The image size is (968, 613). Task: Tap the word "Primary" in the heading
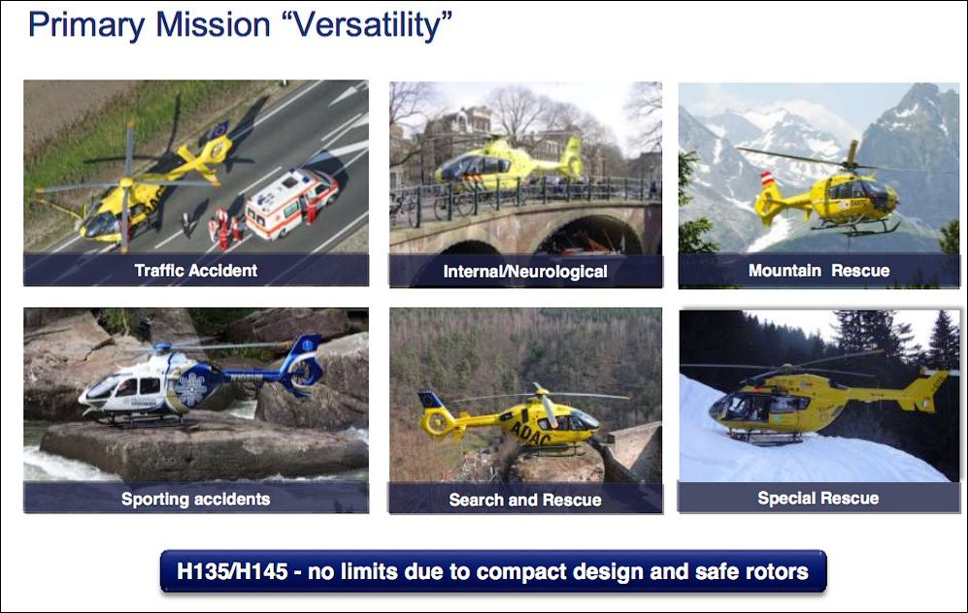pos(86,26)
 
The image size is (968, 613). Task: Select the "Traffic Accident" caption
pos(196,271)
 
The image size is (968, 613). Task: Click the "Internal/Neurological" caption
pos(525,272)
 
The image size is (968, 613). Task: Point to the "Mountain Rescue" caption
pos(819,271)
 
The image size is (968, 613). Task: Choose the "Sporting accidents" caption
pos(196,499)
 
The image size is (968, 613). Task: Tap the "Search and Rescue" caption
pos(525,500)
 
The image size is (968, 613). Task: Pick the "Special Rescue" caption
pos(818,499)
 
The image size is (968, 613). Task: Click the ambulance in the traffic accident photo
pos(292,203)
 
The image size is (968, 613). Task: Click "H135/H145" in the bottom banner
pos(232,571)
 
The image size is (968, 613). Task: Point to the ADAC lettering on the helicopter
pos(530,433)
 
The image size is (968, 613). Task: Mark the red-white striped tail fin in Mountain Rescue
pos(768,179)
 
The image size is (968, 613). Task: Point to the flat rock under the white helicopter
pos(204,450)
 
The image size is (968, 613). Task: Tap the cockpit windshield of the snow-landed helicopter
pos(721,406)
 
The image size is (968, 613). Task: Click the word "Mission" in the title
pos(214,25)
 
